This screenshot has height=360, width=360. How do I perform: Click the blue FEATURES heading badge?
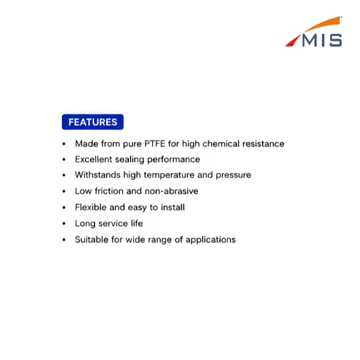coord(93,122)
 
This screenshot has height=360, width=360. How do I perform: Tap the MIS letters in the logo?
coord(322,41)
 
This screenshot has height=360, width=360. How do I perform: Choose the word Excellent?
coord(93,159)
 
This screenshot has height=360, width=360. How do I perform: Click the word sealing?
coord(129,160)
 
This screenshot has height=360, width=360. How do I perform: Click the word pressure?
coord(233,175)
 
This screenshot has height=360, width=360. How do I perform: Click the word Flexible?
coord(91,207)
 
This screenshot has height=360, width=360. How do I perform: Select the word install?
coord(173,207)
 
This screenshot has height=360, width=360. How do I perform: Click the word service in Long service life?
coord(113,223)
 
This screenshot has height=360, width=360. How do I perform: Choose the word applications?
coord(211,240)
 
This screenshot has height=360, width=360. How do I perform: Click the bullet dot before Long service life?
coord(64,223)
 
